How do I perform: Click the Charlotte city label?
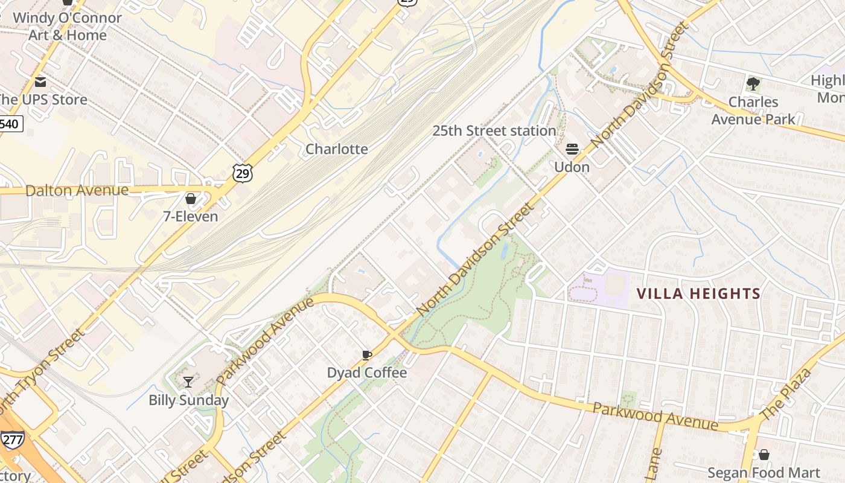point(336,149)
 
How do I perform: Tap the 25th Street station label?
point(494,130)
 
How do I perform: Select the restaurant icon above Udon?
point(572,149)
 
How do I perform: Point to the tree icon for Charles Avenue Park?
point(753,83)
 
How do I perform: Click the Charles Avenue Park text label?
point(753,110)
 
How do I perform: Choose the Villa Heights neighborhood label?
point(698,294)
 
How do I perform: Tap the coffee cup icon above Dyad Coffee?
point(366,355)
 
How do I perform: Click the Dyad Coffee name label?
point(366,373)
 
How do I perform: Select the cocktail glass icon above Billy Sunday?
point(188,382)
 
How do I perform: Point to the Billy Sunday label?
point(188,400)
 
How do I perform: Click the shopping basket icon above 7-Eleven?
point(191,198)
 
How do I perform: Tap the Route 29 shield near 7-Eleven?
point(242,174)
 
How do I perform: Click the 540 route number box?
point(10,124)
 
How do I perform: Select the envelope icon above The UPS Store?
point(40,82)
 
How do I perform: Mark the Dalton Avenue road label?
point(77,191)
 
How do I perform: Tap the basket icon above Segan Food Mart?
point(764,455)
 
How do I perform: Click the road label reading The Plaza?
point(786,394)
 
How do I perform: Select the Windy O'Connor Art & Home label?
point(67,26)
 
